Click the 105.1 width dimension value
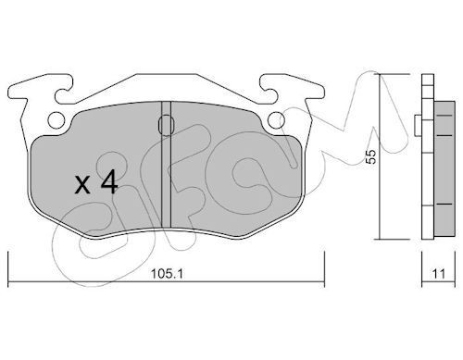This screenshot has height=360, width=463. click(168, 274)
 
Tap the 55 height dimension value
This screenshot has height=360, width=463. click(371, 156)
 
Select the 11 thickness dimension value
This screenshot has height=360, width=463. click(439, 274)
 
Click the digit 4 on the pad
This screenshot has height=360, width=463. click(109, 182)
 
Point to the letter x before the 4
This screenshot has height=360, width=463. click(82, 185)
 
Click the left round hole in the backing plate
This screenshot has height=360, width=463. click(56, 119)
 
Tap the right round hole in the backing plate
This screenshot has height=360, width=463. click(276, 120)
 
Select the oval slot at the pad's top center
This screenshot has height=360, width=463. click(167, 125)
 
